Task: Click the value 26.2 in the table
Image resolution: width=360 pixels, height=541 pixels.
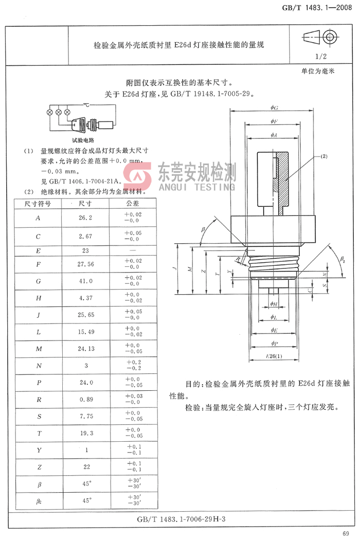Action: coord(85,218)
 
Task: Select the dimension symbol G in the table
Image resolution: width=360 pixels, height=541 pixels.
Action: coord(38,281)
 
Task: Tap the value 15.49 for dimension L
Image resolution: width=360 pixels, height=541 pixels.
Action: coord(85,332)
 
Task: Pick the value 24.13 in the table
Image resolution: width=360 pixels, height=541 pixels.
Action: coord(85,349)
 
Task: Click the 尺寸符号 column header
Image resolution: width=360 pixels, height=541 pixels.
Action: coord(38,204)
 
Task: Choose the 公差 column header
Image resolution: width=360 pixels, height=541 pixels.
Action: coord(133,204)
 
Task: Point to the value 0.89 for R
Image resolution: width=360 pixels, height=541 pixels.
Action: coord(85,399)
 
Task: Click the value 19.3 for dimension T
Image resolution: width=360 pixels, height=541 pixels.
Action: coord(85,433)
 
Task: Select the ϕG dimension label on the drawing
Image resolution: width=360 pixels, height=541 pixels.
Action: coord(274,107)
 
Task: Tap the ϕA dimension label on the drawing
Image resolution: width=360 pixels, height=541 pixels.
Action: coord(274,135)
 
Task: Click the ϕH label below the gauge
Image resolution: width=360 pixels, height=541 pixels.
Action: coord(274,304)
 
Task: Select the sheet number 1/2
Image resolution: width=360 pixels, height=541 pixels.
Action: coord(321,57)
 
